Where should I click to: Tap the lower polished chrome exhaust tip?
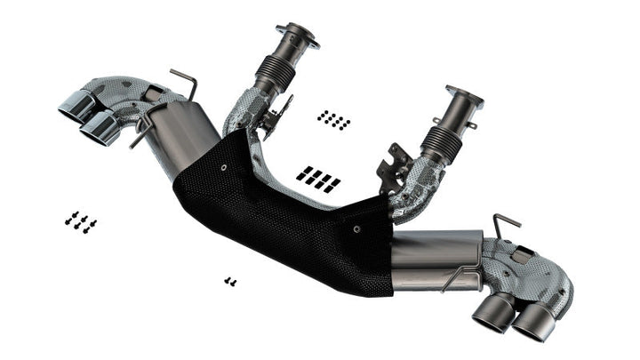[x=100, y=130]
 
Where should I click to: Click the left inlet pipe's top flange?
[x=297, y=35]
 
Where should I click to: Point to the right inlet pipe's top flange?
[x=464, y=97]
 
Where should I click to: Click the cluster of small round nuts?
[x=333, y=119]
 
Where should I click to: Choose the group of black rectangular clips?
[x=318, y=177]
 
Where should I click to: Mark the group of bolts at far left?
[x=80, y=221]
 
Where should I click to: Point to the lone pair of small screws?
[x=230, y=281]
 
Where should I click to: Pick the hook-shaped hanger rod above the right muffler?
[x=505, y=226]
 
